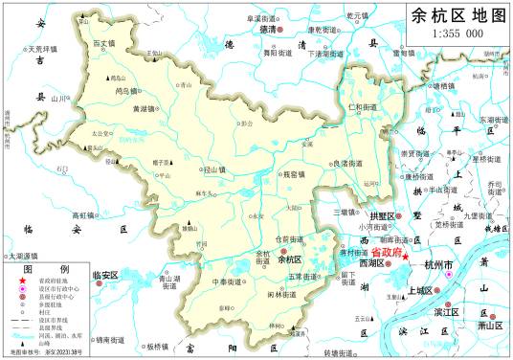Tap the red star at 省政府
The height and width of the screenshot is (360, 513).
(406, 257)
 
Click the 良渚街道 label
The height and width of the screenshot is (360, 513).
(346, 164)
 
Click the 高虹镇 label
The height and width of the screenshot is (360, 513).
(85, 216)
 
